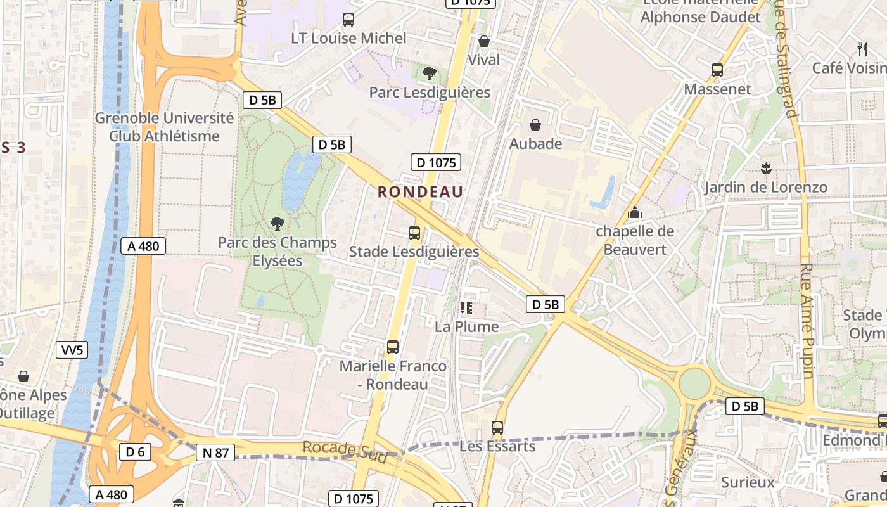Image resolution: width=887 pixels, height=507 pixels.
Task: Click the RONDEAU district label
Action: (x=421, y=191)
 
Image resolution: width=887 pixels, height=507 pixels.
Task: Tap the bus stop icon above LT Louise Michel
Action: (x=348, y=20)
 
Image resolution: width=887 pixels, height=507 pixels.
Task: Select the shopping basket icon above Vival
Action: (x=484, y=42)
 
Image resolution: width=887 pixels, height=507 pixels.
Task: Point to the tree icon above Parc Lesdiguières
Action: (x=430, y=74)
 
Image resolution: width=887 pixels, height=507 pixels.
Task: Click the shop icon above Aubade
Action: (x=535, y=125)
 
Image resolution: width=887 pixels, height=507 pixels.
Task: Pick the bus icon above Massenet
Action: (x=717, y=70)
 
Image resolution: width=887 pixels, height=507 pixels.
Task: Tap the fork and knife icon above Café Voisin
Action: (x=862, y=49)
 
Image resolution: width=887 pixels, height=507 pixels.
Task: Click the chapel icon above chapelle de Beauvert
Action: (x=634, y=213)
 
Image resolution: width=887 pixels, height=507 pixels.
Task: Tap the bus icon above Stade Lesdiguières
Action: (x=414, y=233)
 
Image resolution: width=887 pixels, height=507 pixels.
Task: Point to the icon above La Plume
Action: (x=467, y=309)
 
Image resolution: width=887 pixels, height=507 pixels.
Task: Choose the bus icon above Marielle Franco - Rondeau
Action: (x=393, y=347)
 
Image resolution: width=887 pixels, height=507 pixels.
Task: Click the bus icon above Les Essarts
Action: (x=497, y=428)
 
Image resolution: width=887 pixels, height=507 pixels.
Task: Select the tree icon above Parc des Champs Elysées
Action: (x=277, y=223)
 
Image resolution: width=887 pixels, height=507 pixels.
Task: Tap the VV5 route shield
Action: (x=72, y=350)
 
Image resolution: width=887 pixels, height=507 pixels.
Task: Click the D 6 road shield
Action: (x=135, y=452)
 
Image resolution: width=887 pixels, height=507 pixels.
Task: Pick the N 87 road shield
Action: (x=215, y=452)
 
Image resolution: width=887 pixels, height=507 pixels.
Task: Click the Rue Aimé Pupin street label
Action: (x=808, y=321)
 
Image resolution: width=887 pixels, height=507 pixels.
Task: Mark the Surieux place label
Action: (x=748, y=482)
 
